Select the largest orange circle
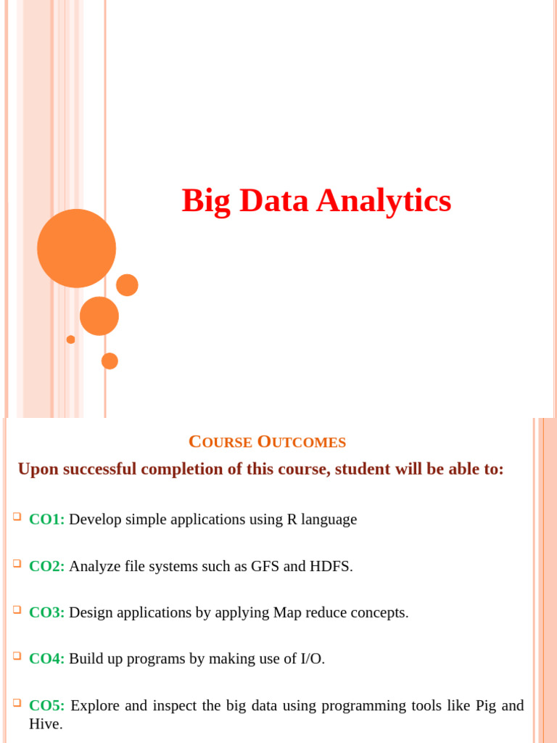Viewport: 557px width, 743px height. click(x=76, y=248)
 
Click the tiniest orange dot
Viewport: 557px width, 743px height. click(x=70, y=340)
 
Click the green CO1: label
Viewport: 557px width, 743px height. click(x=47, y=520)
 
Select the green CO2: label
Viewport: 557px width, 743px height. click(x=47, y=566)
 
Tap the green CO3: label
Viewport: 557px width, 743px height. click(x=47, y=612)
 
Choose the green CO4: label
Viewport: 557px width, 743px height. click(x=47, y=659)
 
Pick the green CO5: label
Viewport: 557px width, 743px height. click(x=47, y=705)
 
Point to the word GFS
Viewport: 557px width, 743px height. click(x=265, y=566)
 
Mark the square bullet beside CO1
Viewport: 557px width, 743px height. click(x=17, y=517)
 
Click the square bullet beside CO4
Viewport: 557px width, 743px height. click(x=17, y=656)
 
